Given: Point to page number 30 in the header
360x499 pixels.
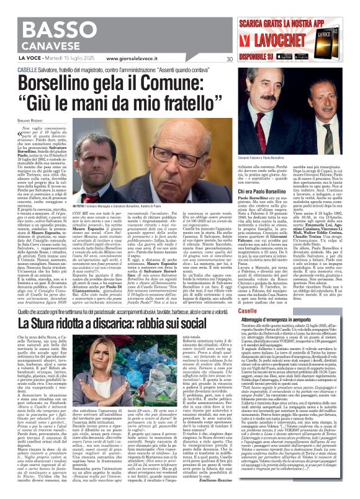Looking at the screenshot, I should tap(230, 59).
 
